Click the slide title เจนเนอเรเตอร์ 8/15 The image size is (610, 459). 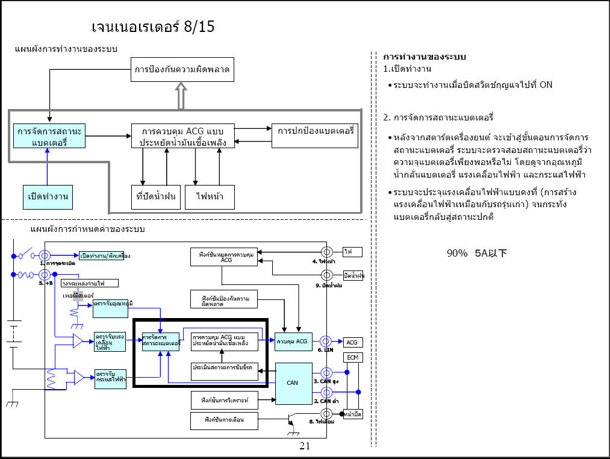(x=153, y=27)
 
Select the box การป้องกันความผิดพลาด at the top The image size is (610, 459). (x=182, y=70)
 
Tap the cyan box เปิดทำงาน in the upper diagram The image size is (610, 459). (x=48, y=196)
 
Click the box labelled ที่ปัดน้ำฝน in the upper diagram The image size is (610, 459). (x=156, y=197)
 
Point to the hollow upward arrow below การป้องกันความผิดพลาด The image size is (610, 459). (x=182, y=96)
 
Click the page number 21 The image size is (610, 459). (x=304, y=446)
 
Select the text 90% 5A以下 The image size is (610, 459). (x=476, y=253)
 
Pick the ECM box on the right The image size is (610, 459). (x=353, y=357)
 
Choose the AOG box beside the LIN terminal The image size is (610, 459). (x=352, y=342)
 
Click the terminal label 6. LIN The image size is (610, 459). (x=326, y=350)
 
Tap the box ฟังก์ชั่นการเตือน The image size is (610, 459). (x=224, y=420)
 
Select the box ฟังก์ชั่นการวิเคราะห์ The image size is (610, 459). (x=224, y=399)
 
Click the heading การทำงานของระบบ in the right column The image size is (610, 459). (x=425, y=57)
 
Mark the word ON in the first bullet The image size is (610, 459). (x=546, y=85)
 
